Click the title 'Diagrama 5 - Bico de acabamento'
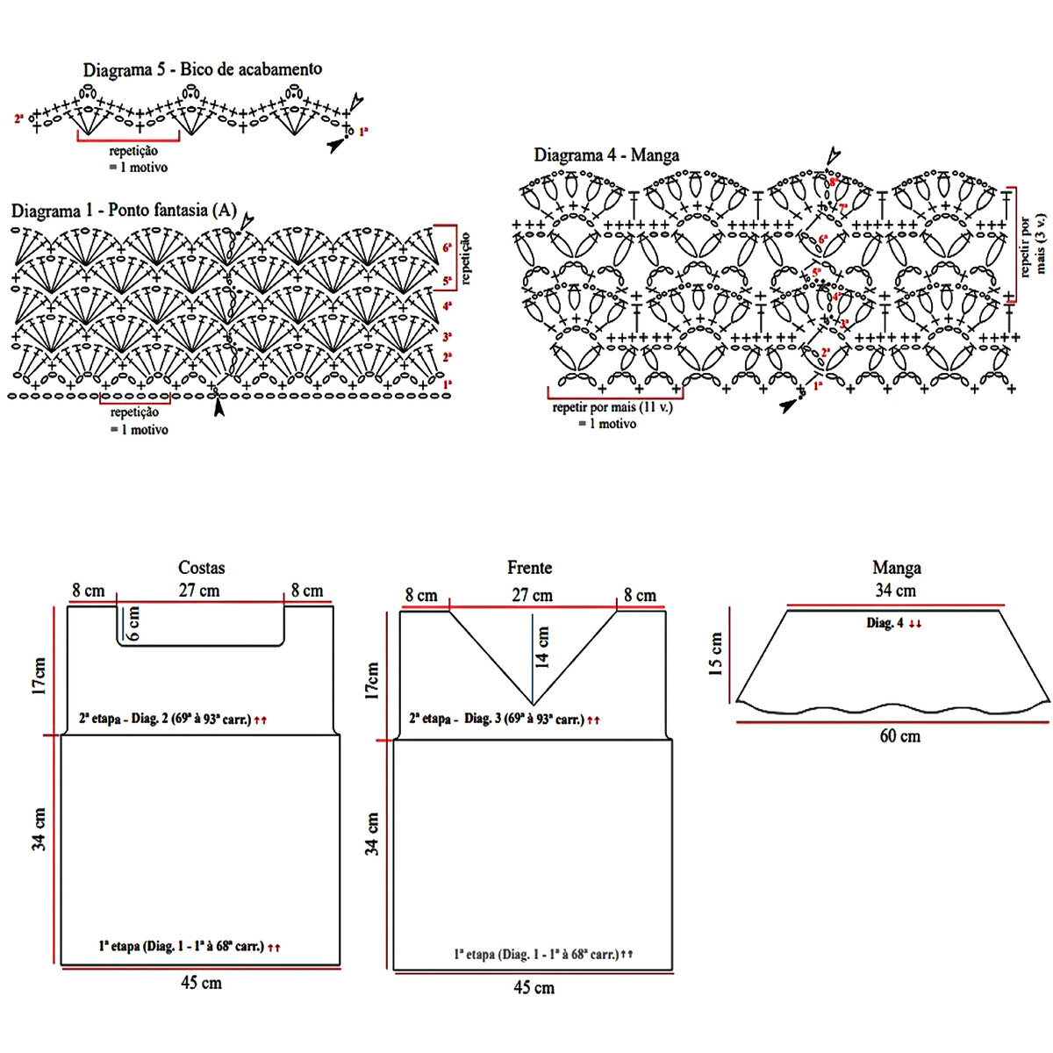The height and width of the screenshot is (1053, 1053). (202, 69)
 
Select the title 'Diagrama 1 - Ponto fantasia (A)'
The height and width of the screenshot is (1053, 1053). (124, 211)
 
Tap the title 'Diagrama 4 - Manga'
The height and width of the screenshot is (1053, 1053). (606, 155)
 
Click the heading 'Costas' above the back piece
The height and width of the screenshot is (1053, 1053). (201, 568)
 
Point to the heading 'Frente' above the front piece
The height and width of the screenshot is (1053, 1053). (529, 568)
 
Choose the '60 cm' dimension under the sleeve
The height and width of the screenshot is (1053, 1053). (899, 736)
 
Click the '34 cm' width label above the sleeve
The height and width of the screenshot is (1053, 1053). (895, 591)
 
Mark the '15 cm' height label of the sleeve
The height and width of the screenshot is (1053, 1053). (716, 654)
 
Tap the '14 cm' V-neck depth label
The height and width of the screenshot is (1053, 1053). (543, 647)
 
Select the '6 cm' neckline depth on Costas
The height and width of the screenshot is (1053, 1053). (133, 623)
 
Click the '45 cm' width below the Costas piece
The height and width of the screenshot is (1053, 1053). (201, 983)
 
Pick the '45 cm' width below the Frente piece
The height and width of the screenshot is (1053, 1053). (534, 988)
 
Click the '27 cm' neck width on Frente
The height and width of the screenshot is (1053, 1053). (533, 596)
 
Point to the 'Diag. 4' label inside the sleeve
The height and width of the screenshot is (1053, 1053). (893, 623)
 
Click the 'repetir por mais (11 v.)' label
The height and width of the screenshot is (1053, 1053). (612, 408)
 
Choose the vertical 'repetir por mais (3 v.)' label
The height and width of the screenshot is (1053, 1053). (1034, 243)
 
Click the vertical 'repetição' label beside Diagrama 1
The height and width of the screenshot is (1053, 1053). (466, 258)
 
